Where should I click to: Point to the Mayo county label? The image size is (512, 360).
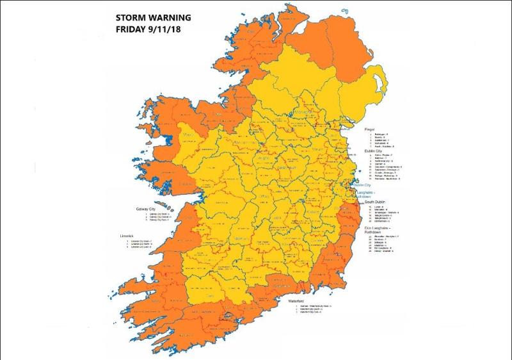[x=189, y=135]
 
